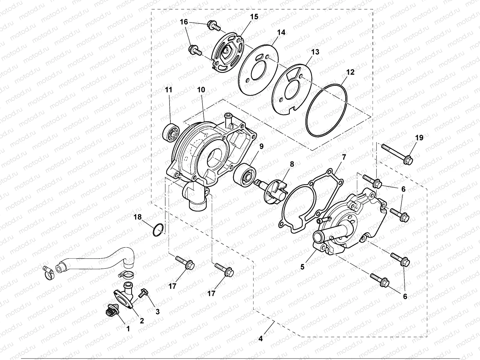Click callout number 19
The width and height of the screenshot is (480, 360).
[x=419, y=138]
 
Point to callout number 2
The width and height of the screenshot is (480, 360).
[x=142, y=320]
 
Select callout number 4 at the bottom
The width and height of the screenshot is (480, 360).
[x=260, y=339]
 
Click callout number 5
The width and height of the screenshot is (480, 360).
[x=302, y=266]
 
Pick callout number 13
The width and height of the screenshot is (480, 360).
[x=315, y=52]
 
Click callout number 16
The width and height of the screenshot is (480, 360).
[x=184, y=22]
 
